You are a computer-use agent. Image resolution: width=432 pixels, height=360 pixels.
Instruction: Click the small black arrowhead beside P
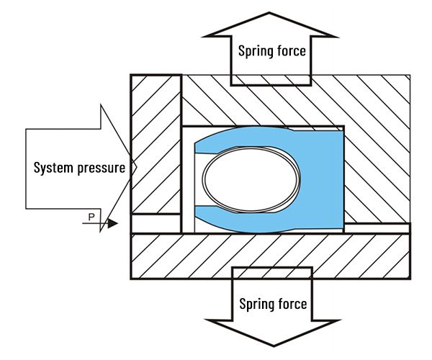(112, 223)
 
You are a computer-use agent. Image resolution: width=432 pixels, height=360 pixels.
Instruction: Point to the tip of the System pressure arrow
(134, 168)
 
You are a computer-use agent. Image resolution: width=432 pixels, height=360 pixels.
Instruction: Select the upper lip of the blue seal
(238, 138)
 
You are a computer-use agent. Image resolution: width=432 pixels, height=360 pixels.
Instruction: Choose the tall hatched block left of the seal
(156, 144)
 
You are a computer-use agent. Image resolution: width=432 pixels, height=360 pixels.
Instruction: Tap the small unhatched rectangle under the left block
(156, 223)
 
